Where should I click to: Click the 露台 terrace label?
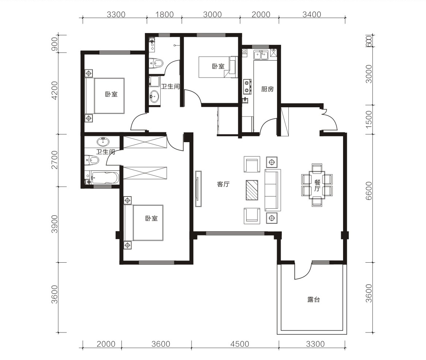313,300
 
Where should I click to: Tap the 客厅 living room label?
223,184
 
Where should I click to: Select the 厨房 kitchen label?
267,89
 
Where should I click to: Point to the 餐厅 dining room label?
317,186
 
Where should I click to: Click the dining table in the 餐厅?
317,185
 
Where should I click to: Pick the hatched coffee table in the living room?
252,190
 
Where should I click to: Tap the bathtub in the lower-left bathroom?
105,177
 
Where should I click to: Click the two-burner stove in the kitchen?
247,86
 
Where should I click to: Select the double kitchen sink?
261,55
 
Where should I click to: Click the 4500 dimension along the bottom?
240,344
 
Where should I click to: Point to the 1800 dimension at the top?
165,14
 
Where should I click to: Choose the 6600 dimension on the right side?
369,191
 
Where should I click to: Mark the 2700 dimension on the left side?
55,160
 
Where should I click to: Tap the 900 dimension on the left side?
55,44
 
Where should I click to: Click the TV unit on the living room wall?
199,189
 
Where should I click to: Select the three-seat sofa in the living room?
273,190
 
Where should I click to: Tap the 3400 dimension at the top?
312,14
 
